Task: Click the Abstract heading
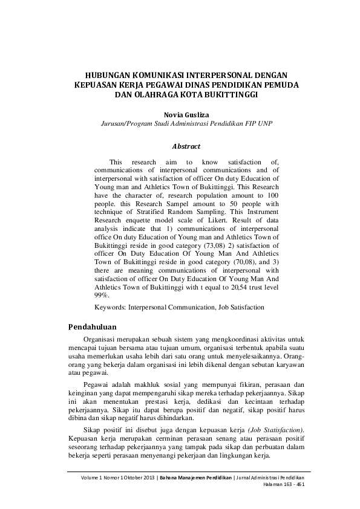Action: point(186,146)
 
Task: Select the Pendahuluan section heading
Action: point(94,327)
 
